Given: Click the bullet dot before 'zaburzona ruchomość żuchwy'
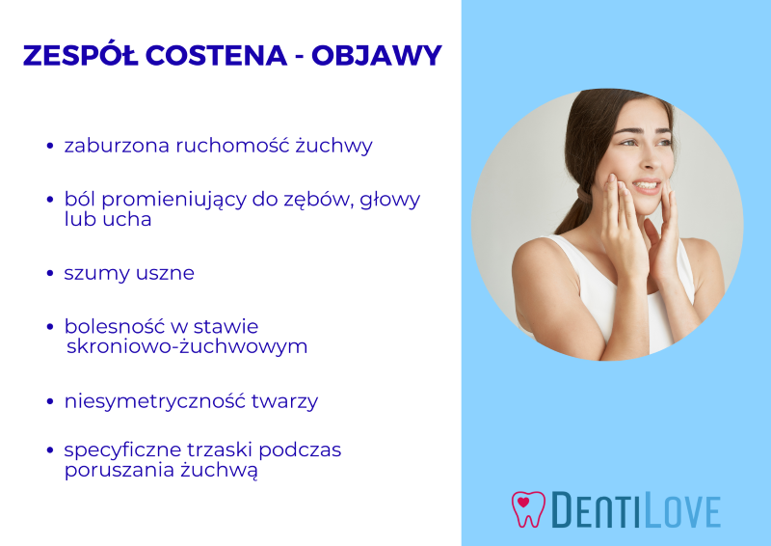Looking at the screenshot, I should (x=50, y=147).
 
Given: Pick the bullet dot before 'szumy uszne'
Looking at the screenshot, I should (x=50, y=273).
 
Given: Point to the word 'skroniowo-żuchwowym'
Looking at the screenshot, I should (x=187, y=346).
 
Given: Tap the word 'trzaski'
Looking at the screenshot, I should (x=217, y=450).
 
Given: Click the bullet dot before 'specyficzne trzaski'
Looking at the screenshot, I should (x=50, y=450).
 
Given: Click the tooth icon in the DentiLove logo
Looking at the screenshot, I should (x=527, y=508).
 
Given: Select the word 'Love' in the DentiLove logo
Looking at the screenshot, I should (x=679, y=510).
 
